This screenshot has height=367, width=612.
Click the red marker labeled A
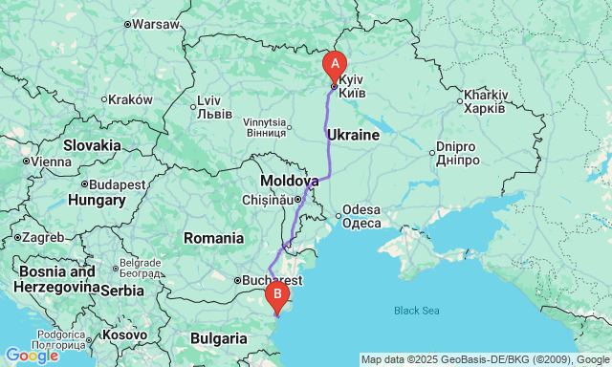pos(334,65)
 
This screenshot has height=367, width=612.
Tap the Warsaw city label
pos(156,24)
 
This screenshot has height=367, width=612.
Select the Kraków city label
pos(130,99)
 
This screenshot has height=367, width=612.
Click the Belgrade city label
pos(140,264)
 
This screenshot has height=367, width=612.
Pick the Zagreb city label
pos(42,237)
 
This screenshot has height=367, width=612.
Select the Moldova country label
pos(290,181)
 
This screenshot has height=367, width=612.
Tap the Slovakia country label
pos(92,145)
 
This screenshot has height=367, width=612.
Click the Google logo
pos(32,356)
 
